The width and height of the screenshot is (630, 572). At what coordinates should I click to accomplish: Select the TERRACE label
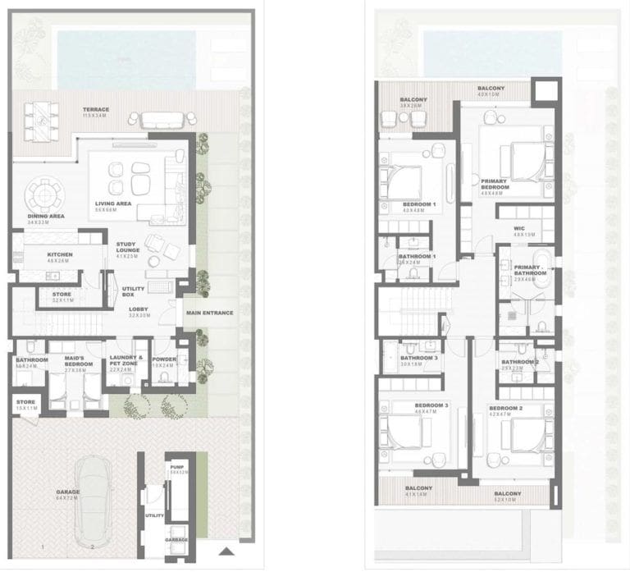(x=96, y=109)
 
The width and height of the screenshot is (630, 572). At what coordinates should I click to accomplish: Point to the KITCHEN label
(x=60, y=255)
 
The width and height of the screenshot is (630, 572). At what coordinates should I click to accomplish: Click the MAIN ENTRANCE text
(x=209, y=313)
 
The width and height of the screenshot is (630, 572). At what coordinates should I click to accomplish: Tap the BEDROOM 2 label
(x=505, y=409)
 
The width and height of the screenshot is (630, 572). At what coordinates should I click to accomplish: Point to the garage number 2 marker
(x=94, y=547)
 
